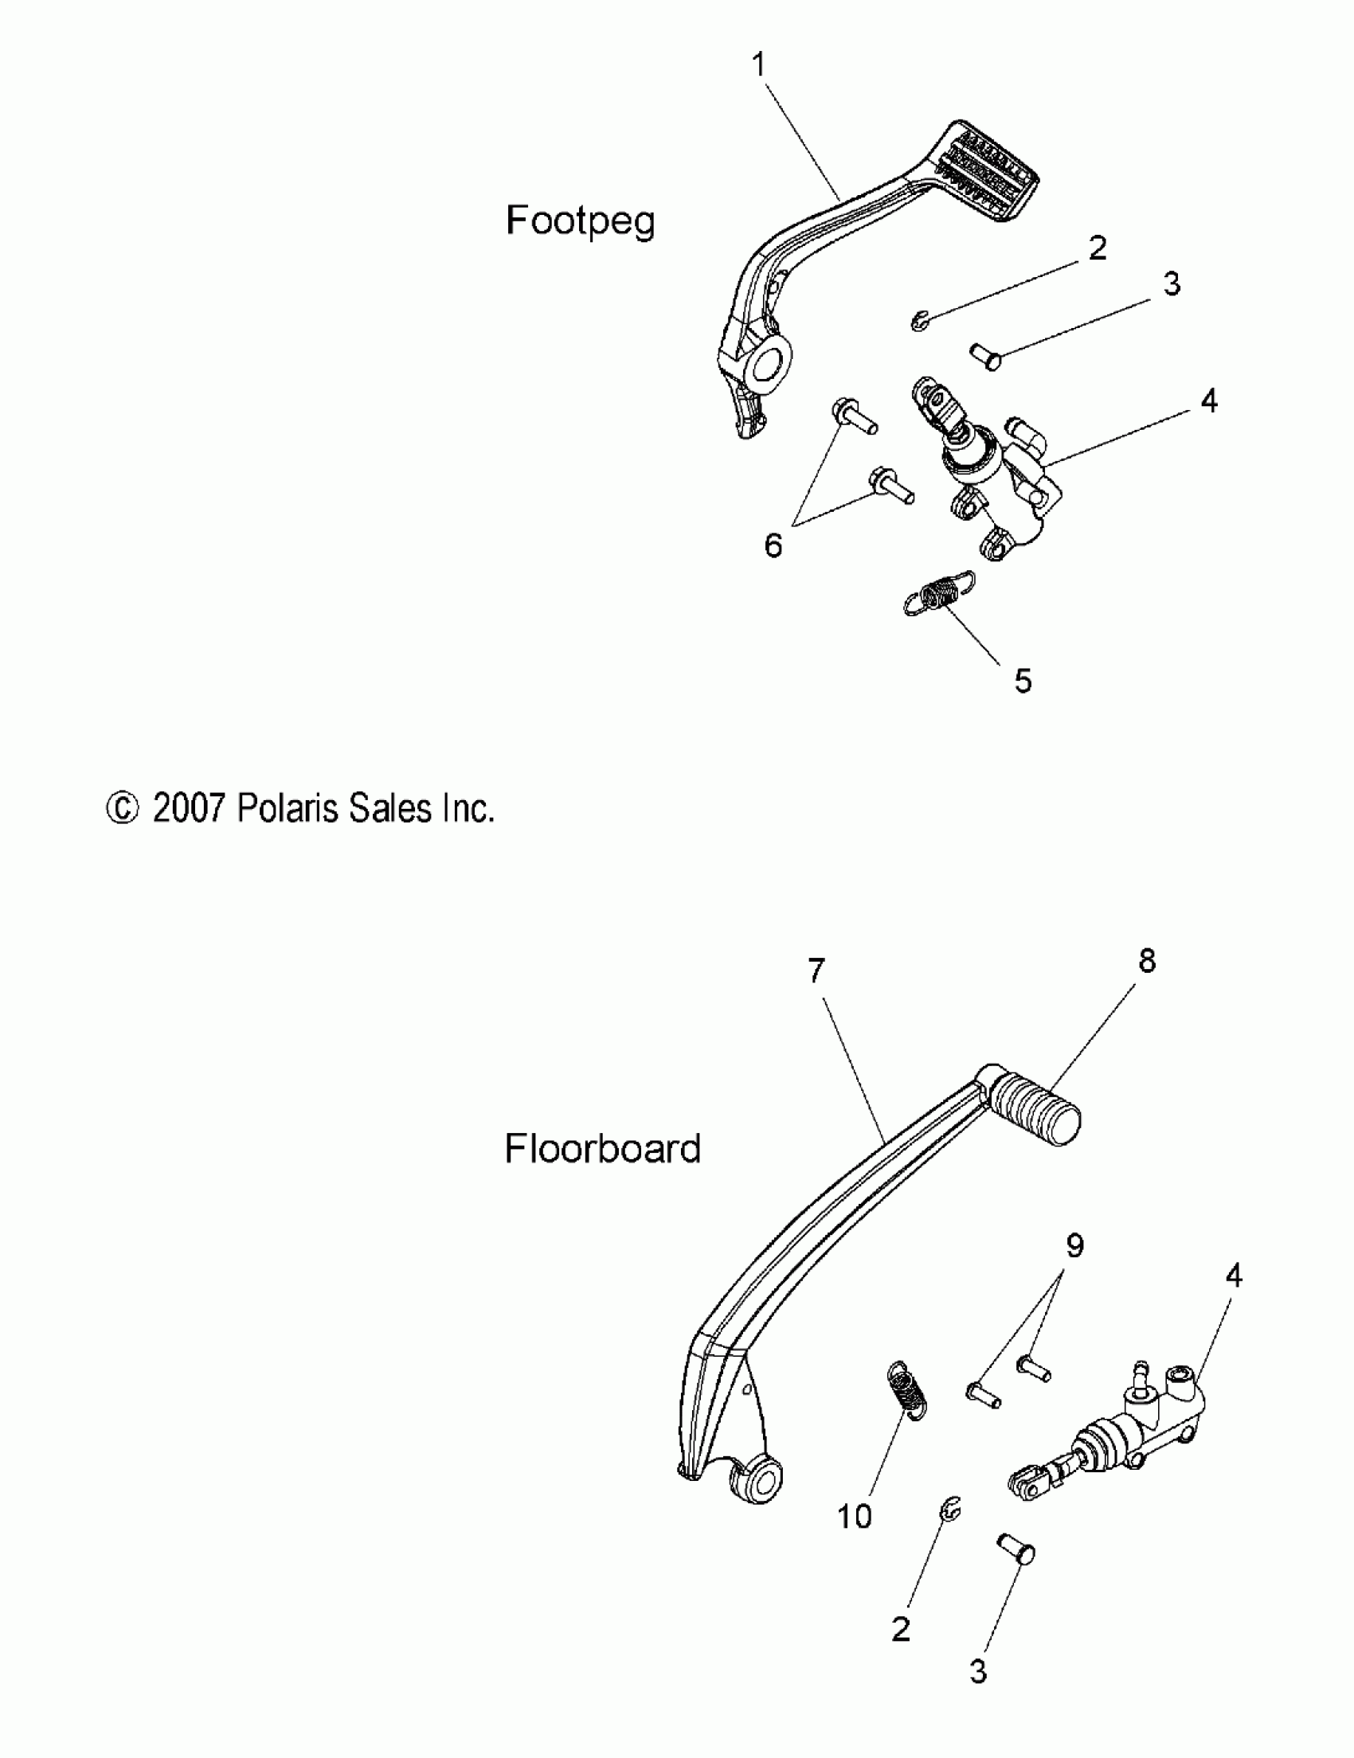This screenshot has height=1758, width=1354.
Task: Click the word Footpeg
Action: (x=580, y=221)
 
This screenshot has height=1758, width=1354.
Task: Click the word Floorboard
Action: (x=602, y=1149)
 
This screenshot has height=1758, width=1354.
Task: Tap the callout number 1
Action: (x=758, y=64)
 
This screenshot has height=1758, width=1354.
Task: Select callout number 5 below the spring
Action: (x=1023, y=681)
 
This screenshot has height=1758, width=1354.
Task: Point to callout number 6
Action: (x=773, y=545)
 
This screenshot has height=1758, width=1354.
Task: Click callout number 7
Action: (x=816, y=971)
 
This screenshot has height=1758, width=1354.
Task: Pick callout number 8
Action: (x=1147, y=960)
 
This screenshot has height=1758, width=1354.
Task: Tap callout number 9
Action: (x=1074, y=1245)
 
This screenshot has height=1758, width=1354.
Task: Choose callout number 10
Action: (x=854, y=1517)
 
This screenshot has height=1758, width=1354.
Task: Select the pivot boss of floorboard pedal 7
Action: (x=758, y=1480)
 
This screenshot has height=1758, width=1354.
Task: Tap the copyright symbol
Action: (x=122, y=809)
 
